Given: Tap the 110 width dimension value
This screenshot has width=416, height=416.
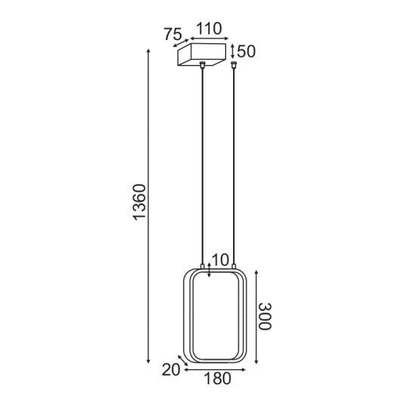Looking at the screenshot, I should click(207, 29).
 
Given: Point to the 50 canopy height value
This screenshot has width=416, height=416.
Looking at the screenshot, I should click(247, 51).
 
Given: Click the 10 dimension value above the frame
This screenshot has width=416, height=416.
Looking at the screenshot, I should click(220, 260).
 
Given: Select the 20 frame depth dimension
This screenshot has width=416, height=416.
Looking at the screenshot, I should click(170, 370).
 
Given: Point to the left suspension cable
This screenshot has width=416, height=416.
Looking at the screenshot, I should click(203, 166).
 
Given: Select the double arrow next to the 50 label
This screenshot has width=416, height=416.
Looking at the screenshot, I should click(233, 51).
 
